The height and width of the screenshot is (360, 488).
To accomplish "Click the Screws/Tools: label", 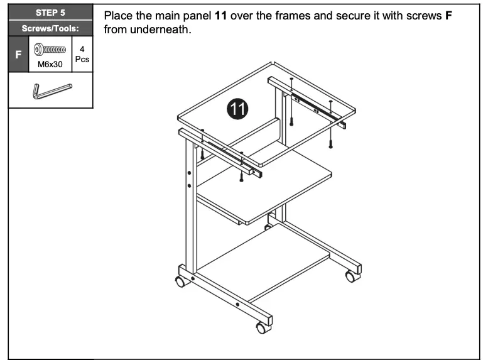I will pos(50,28).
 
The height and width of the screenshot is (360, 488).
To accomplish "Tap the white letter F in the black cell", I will pos(18,55).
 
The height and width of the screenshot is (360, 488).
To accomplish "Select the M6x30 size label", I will pos(50,63).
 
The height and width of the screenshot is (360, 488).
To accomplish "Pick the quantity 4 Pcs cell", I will pos(82,55).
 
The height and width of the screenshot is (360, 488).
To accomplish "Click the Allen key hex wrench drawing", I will pos(50,90).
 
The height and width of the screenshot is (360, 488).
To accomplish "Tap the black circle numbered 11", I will pos(237,109).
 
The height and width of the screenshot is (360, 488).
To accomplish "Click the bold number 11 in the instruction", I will pos(220,16).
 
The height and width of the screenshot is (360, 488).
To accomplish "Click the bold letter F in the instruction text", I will pos(448,16).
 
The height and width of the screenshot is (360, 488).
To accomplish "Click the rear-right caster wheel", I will pos(350,275).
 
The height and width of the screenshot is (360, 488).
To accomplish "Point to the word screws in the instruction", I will pos(420,16).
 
